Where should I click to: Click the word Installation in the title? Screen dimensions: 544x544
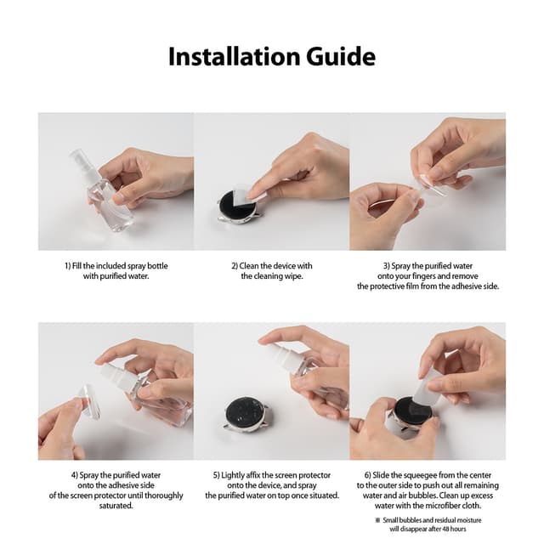pos(229,56)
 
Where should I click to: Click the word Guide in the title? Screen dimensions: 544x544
pos(335,56)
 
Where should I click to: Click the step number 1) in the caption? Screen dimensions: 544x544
pos(69,266)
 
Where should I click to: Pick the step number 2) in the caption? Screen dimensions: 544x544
pos(235,266)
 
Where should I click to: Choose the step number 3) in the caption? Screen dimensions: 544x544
pos(387,266)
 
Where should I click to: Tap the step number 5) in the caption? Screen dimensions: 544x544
pos(218,475)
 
